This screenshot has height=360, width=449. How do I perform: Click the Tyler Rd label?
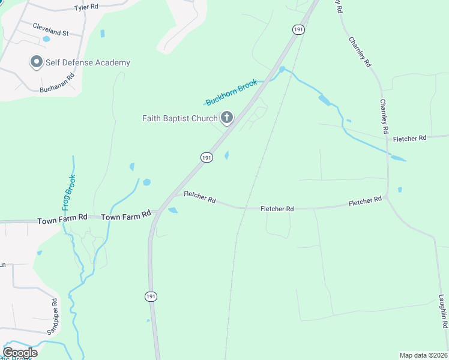click(x=86, y=8)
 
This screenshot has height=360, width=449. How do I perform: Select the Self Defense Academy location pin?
click(x=36, y=62)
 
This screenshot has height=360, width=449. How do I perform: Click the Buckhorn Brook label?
click(x=231, y=92)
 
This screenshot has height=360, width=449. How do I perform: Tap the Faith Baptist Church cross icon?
click(x=227, y=118)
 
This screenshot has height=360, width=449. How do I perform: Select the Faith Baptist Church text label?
click(x=179, y=118)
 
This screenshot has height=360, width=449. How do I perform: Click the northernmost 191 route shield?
click(x=298, y=29)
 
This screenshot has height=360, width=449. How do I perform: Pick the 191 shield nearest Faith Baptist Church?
click(x=206, y=157)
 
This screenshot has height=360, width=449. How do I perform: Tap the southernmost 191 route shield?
click(x=151, y=296)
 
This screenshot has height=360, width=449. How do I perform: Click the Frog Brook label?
click(x=67, y=192)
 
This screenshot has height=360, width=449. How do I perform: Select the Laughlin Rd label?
click(x=443, y=311)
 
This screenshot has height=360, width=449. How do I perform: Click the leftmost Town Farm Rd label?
click(x=62, y=221)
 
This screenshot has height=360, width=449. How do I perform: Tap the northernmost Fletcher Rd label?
click(x=409, y=138)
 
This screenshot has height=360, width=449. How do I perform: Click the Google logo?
click(x=20, y=353)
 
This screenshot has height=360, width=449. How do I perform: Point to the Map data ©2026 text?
click(x=423, y=355)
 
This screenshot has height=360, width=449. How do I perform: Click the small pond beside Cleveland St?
click(x=46, y=39)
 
